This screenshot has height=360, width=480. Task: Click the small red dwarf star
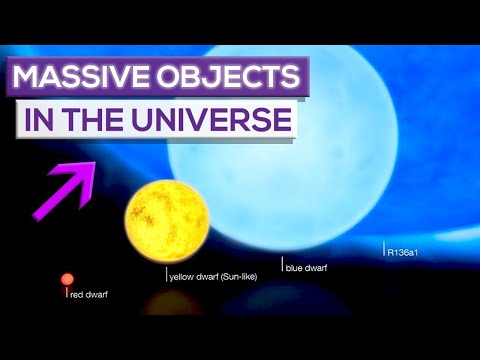coord(67,279)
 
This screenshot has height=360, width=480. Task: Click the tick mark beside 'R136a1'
coord(384,250)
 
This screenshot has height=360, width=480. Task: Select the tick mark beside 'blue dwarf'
coord(282,264)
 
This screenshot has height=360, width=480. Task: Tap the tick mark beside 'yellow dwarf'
coord(166,273)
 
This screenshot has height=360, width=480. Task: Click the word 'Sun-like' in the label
coord(237,276)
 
